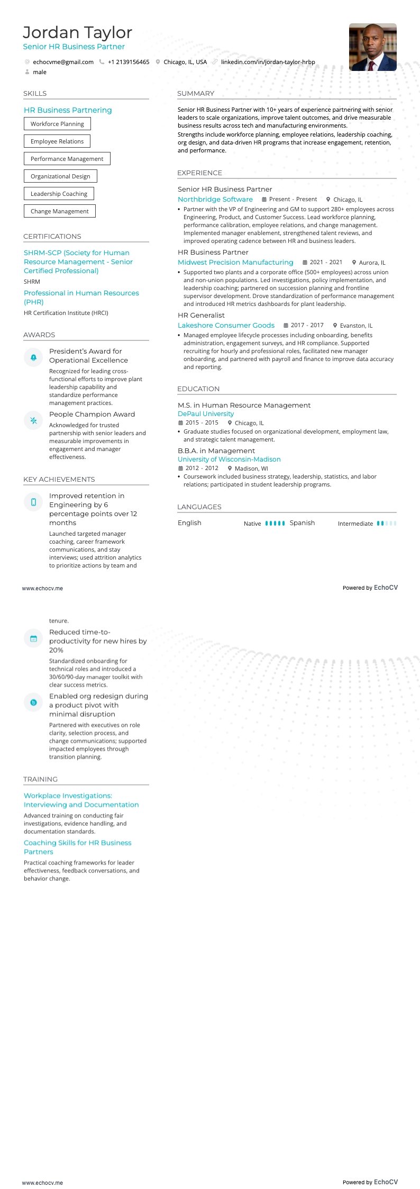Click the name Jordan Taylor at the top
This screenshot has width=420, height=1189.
pos(77,33)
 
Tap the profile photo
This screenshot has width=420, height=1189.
pos(372,47)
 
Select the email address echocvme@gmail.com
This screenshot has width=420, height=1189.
pos(63,62)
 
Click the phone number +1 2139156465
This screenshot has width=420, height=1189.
pos(129,62)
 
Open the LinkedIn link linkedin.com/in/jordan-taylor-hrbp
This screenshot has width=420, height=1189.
pos(268,62)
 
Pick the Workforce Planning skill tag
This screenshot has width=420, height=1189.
pos(57,124)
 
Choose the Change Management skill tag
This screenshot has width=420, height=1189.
pos(59,211)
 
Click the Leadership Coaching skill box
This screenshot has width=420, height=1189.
pos(59,194)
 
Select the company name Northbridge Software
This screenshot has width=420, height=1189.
pos(215,200)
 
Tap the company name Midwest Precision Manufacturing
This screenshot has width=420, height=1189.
pos(235,263)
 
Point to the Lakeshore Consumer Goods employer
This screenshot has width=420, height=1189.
pos(226,326)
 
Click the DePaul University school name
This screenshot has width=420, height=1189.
pos(205,414)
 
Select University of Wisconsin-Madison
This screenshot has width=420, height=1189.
pos(229,460)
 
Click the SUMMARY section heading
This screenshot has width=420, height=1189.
pos(196,94)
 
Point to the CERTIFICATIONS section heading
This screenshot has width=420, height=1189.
pos(52,237)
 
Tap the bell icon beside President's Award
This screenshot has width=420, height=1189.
pos(33,358)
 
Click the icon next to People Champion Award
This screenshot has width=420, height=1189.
pos(33,421)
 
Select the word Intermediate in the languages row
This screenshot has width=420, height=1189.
pos(355,524)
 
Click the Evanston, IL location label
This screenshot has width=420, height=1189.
pos(356,326)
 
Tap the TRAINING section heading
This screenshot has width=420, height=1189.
pos(40,779)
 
